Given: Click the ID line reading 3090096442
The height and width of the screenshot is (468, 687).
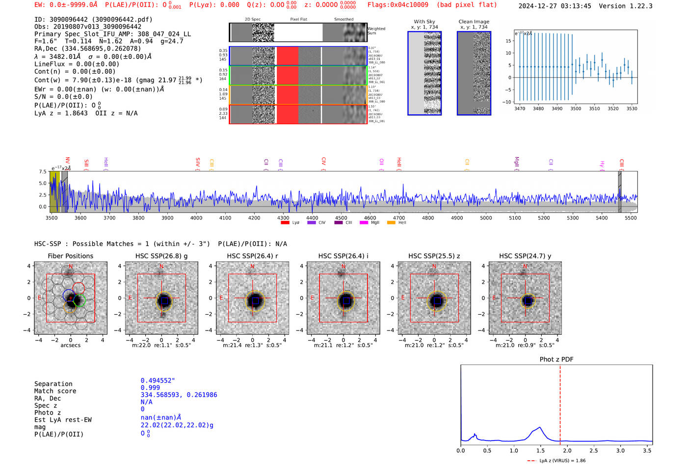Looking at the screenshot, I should coord(93,20).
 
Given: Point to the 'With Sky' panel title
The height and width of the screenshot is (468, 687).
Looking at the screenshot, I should coord(424,22).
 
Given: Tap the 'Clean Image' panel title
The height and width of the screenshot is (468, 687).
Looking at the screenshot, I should coord(474,22).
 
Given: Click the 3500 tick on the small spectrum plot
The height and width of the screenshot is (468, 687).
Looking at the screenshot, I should coord(576,109).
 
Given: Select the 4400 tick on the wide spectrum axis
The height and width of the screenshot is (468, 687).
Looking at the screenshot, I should coord(312,218).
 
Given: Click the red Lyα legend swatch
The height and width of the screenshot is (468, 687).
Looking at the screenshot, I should coord(285,223).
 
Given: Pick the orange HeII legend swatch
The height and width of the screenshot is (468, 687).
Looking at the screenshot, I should coord(391,223).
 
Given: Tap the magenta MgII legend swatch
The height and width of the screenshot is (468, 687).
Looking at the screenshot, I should coord(364,223).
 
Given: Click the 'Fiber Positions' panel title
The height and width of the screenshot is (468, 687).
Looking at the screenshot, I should coord(70,256).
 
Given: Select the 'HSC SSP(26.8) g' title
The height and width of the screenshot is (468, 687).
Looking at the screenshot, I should coord(161,256).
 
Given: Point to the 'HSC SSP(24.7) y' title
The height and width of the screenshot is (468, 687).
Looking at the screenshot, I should coord(525,256).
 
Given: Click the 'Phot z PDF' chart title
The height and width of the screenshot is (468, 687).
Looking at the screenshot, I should coord(556,359).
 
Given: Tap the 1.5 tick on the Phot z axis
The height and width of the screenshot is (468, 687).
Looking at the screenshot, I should coord(540,450).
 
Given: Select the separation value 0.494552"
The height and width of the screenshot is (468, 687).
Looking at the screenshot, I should coord(158,381).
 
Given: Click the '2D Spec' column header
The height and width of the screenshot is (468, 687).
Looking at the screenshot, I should coord(253,20).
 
